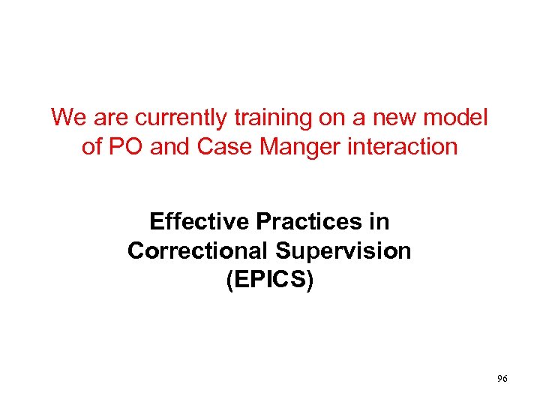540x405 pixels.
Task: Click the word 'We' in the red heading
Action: (x=67, y=118)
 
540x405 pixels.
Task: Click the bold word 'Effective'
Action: (x=199, y=222)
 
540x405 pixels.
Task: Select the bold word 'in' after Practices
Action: (x=379, y=222)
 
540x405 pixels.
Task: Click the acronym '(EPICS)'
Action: (x=269, y=279)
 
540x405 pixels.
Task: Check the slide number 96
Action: (x=502, y=379)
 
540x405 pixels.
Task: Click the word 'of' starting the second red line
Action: (x=91, y=146)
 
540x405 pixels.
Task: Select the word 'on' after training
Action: (x=313, y=118)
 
